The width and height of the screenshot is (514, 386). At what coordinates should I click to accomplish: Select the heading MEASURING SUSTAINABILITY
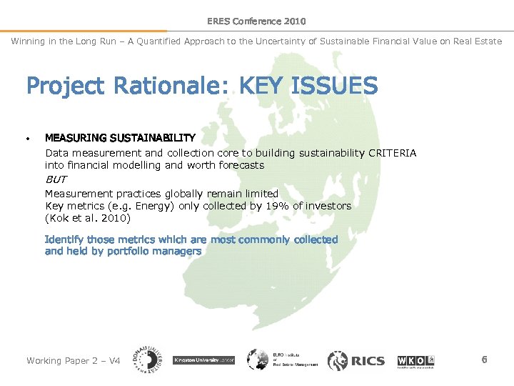click(x=120, y=137)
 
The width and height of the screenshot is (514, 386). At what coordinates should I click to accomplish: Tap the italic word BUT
click(x=55, y=179)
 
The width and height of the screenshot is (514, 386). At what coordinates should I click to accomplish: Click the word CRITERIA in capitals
click(x=393, y=153)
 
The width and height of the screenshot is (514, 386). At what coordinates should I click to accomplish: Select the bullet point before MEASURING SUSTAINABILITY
click(x=28, y=138)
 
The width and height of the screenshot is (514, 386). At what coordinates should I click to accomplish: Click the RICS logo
click(x=356, y=360)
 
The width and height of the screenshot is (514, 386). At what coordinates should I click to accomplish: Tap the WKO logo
click(x=415, y=360)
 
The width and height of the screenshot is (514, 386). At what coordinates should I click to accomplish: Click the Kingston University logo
click(x=204, y=360)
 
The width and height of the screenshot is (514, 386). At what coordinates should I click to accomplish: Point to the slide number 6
click(x=484, y=360)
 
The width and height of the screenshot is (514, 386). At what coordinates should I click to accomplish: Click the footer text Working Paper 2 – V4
click(x=73, y=360)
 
